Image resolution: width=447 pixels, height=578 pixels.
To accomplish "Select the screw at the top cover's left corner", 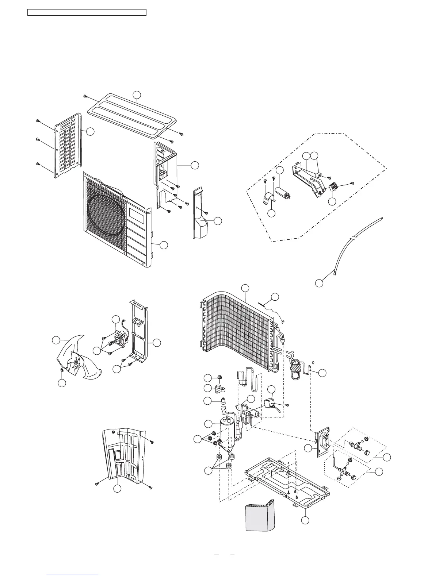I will point(85,96).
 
